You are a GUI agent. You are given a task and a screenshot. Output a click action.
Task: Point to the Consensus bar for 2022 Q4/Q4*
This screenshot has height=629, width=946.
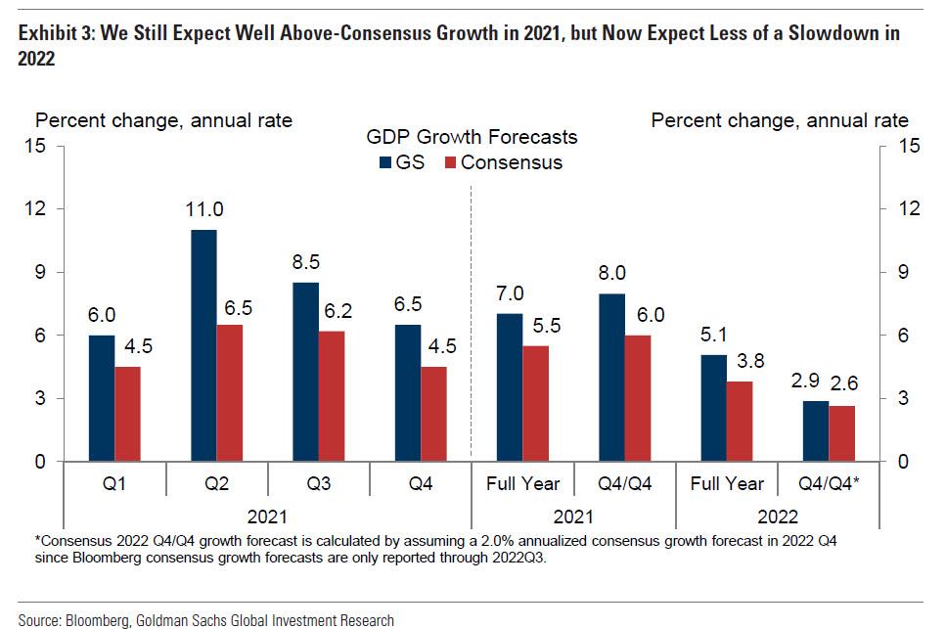(x=841, y=433)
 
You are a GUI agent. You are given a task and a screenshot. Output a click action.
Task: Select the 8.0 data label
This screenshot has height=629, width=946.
(x=611, y=273)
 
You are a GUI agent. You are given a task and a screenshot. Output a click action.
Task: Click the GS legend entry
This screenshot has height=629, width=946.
(x=400, y=162)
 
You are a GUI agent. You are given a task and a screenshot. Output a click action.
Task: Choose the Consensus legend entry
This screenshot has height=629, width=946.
(x=502, y=162)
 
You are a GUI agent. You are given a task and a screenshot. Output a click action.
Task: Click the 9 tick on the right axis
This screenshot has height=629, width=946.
(x=910, y=272)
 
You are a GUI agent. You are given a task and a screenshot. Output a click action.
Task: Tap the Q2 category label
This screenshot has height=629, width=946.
(x=216, y=483)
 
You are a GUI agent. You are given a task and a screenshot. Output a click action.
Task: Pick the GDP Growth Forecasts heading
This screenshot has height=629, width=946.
(x=472, y=137)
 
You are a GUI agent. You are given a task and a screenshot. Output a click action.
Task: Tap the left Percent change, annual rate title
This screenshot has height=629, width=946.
(x=164, y=121)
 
